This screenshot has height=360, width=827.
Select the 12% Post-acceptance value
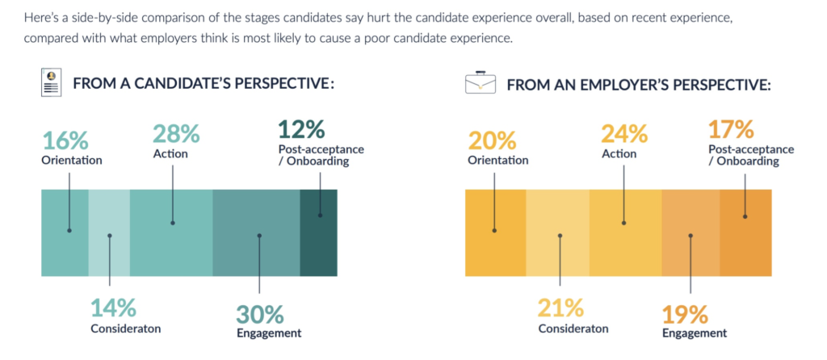[x=302, y=129]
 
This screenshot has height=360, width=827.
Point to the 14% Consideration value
[x=113, y=308]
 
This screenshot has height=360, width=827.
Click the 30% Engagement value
[x=259, y=313]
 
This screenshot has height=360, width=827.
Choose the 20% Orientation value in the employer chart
[x=491, y=140]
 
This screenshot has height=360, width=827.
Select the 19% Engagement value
[x=686, y=313]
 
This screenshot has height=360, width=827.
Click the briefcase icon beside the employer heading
[x=481, y=84]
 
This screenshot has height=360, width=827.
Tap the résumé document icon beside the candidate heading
[x=52, y=83]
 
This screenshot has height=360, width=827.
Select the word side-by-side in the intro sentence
[x=83, y=17]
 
